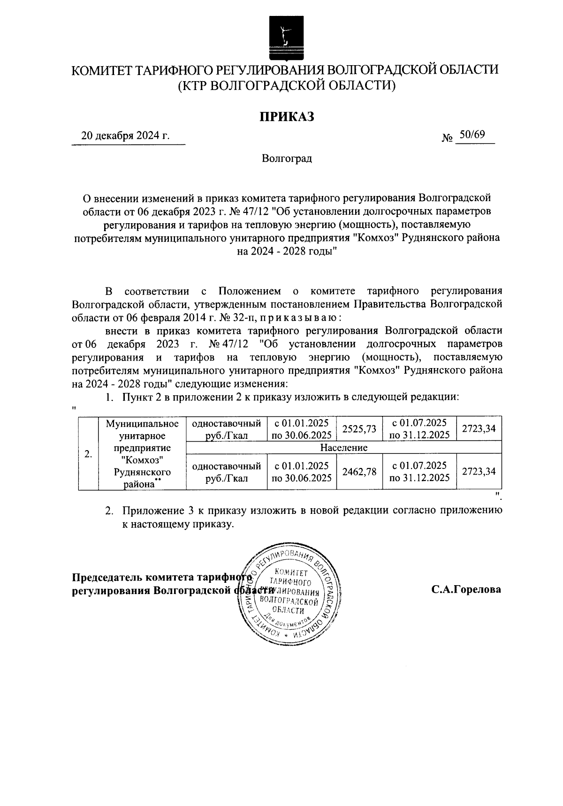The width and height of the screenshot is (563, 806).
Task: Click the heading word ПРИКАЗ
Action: pyautogui.click(x=287, y=116)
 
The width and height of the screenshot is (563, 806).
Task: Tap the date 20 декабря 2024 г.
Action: pyautogui.click(x=125, y=136)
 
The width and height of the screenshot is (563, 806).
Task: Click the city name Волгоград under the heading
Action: pyautogui.click(x=287, y=158)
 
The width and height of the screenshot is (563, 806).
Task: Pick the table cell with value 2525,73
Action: pyautogui.click(x=359, y=429)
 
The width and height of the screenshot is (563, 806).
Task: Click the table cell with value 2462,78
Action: pyautogui.click(x=359, y=472)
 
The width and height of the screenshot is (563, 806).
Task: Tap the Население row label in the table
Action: pyautogui.click(x=343, y=448)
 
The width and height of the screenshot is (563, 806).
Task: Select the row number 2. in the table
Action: pyautogui.click(x=88, y=454)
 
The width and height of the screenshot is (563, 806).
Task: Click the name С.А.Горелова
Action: pyautogui.click(x=466, y=589)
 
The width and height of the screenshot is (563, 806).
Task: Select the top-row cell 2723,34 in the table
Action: pyautogui.click(x=479, y=429)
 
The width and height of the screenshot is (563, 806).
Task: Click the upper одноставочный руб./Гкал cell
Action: pyautogui.click(x=227, y=429)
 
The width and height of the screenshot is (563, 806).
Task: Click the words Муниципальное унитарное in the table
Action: pyautogui.click(x=142, y=430)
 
